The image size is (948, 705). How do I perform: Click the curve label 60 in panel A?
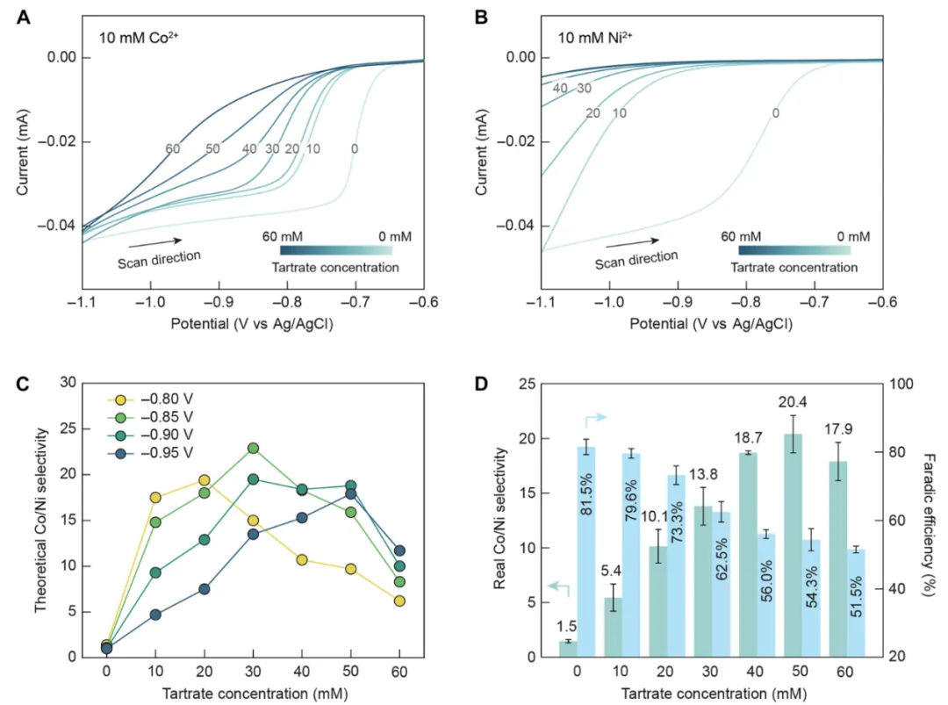tap(172, 149)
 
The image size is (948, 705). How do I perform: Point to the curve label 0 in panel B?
tap(775, 113)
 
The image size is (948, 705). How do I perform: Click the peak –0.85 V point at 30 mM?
tap(253, 448)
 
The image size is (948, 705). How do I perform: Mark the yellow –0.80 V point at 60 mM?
tap(400, 601)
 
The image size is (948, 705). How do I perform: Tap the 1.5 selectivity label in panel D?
tap(566, 627)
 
